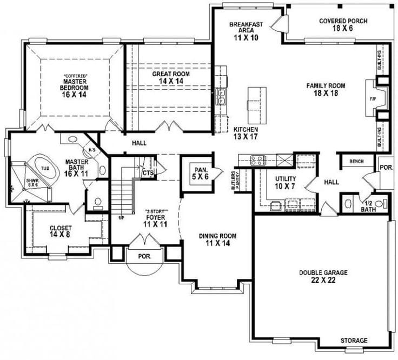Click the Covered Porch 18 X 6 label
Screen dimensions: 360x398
[343, 24]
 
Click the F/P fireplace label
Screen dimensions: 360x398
[373, 99]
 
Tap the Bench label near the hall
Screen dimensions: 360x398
[356, 161]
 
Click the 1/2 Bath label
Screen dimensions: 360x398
[368, 206]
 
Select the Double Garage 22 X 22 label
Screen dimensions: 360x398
[323, 276]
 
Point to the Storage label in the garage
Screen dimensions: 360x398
[354, 341]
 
